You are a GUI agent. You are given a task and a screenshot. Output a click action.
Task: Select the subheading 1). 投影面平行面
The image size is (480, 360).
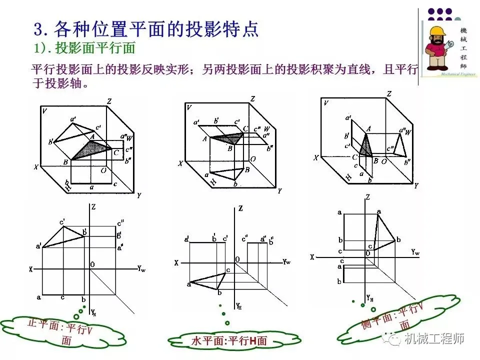(x=85, y=48)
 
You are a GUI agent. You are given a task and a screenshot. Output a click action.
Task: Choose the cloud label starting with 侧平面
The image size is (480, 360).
(x=393, y=320)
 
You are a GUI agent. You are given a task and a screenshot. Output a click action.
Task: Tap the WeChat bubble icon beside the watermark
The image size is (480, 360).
(x=394, y=339)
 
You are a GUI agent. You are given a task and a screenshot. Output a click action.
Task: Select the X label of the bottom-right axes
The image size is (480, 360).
(x=312, y=256)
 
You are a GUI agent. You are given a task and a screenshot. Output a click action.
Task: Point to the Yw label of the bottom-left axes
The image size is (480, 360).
(x=141, y=268)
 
